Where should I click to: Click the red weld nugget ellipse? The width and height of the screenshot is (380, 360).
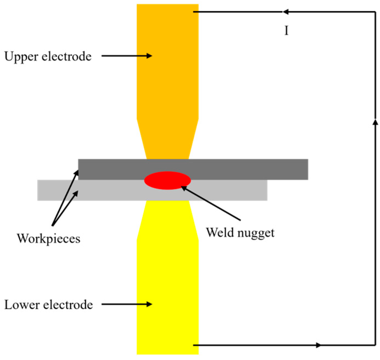click(x=168, y=180)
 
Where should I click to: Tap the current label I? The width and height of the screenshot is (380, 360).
click(x=286, y=31)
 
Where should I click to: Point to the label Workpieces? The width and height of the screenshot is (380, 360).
click(x=49, y=239)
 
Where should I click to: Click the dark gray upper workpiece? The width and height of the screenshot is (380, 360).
click(x=243, y=169)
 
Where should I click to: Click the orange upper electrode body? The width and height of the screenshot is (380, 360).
click(x=168, y=76)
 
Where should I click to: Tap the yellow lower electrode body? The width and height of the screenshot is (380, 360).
click(x=168, y=289)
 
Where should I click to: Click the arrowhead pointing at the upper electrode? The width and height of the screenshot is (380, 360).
click(x=149, y=56)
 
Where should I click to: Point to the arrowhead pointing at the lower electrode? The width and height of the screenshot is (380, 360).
click(x=149, y=304)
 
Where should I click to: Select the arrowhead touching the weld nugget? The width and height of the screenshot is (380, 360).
click(x=184, y=188)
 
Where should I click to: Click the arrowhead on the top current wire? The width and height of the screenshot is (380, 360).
click(x=286, y=12)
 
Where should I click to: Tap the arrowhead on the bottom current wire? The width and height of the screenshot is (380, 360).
click(x=318, y=345)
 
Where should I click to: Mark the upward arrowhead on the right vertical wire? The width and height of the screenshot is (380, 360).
click(x=375, y=122)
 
